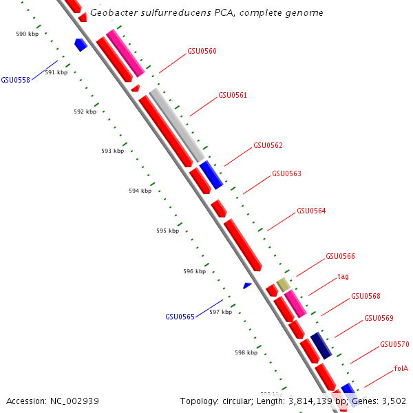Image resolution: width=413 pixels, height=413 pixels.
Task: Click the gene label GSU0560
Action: click(202, 51)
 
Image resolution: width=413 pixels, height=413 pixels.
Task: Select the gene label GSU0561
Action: click(233, 95)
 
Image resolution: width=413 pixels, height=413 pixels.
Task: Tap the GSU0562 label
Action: click(268, 145)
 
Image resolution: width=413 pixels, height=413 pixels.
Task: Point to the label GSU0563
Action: click(286, 173)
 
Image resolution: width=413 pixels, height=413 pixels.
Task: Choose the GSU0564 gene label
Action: click(311, 211)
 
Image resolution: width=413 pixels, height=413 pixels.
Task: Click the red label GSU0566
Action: click(340, 256)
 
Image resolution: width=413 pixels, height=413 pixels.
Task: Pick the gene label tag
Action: click(343, 276)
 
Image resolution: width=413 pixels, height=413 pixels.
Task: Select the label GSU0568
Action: click(366, 296)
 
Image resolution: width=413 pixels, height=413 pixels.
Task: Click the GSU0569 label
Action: click(379, 318)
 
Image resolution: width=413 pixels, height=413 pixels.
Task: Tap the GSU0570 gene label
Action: click(394, 344)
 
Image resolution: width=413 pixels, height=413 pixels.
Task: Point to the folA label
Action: click(401, 368)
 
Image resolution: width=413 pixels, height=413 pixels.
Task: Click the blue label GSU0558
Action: click(15, 80)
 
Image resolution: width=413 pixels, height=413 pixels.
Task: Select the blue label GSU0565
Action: click(180, 317)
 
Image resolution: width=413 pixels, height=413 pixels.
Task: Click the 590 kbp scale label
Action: click(27, 34)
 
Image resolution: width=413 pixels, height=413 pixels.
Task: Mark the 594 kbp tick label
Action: click(140, 191)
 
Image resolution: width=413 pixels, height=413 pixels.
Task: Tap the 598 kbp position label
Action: click(246, 352)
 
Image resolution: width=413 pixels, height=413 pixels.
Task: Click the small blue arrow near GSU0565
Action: click(247, 285)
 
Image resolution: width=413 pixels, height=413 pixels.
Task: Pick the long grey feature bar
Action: click(177, 125)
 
